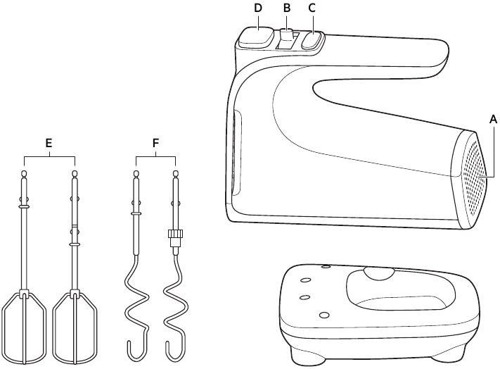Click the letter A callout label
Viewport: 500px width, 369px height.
click(x=494, y=120)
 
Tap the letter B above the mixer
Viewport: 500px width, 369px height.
click(x=286, y=8)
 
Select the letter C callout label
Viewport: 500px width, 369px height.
click(x=312, y=8)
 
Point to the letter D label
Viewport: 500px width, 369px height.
click(x=258, y=8)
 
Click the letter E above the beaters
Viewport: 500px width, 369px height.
click(x=49, y=143)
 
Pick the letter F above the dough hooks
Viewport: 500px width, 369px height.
click(x=155, y=143)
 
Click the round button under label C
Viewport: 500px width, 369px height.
click(x=312, y=41)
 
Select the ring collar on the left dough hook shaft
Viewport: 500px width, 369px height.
click(x=136, y=212)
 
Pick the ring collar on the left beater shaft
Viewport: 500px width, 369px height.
click(x=24, y=207)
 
